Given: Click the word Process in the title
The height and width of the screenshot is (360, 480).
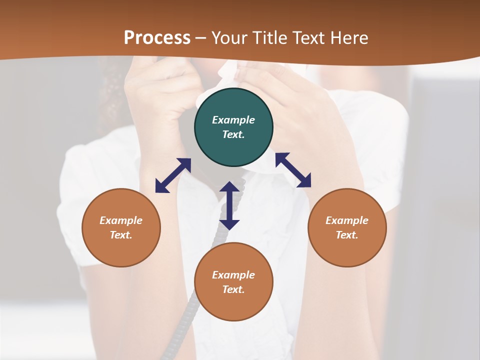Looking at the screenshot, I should tap(157, 38).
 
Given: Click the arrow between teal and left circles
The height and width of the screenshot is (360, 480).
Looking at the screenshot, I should tap(173, 175).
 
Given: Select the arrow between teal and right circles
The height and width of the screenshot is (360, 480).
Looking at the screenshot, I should tap(293, 170).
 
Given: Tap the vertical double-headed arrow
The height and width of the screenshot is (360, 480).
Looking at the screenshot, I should tap(229, 205).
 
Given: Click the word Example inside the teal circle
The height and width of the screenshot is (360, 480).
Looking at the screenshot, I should tap(233, 120).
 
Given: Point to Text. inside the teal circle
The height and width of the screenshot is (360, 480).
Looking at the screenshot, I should tap(233, 134).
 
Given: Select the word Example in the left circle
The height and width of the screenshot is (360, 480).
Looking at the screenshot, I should tap(121, 220).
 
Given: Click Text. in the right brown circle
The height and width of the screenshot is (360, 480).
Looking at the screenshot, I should tap(347, 235).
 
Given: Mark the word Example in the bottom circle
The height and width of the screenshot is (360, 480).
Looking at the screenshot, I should tap(233, 275).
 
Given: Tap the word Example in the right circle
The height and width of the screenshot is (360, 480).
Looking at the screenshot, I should tap(347, 220).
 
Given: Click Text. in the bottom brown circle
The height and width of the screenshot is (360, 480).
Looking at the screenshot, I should tap(233, 289).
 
